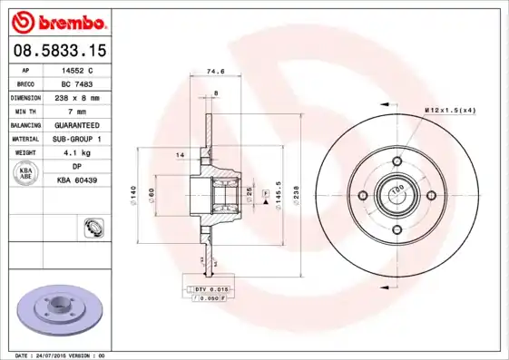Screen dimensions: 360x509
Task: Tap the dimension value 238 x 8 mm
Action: [77, 96]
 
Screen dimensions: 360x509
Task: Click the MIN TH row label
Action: [25, 111]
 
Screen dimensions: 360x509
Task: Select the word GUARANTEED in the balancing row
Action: [77, 124]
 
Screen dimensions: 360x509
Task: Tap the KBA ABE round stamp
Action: [25, 173]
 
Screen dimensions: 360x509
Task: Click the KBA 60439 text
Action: [77, 180]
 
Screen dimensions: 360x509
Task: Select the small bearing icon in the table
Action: [92, 227]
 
